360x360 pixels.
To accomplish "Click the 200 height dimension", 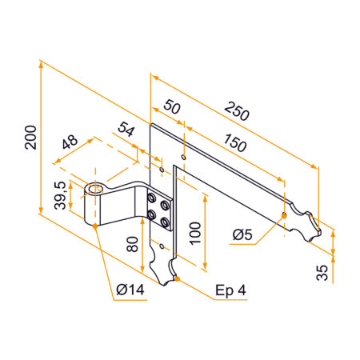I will coord(29,141).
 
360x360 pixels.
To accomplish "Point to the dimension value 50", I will coord(171,107).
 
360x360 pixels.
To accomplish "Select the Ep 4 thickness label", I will coord(230,289).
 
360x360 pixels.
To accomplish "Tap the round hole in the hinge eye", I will coord(97,190).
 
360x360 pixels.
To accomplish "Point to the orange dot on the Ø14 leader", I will coord(96,226).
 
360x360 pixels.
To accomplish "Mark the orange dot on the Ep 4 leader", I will coord(178,279).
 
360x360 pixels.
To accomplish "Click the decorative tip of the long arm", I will coord(314,232).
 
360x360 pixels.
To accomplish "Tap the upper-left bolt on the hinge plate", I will coord(151,197).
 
